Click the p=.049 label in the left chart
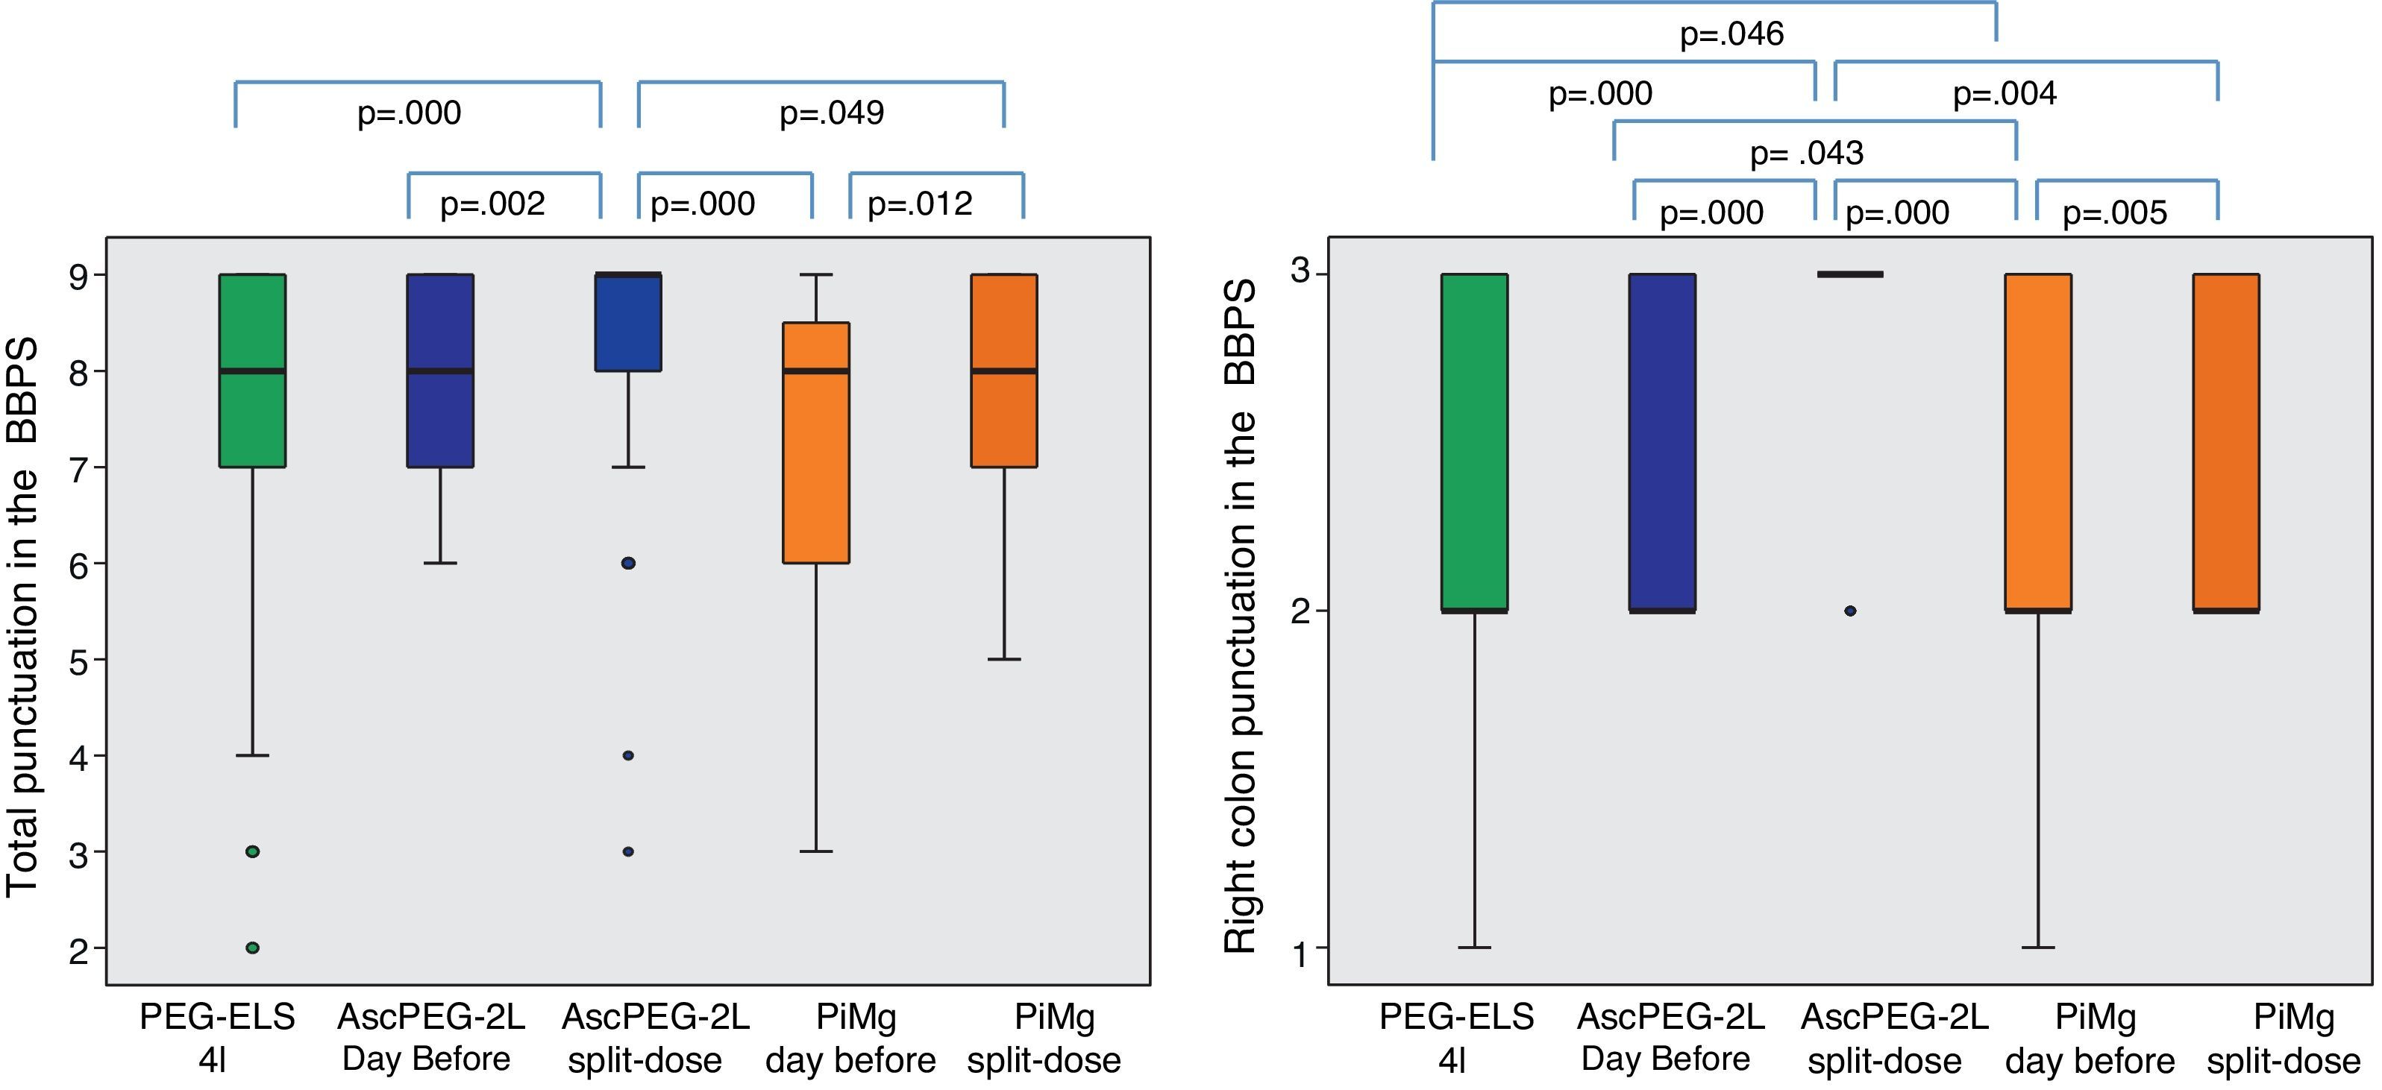coord(831,113)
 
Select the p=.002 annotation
coord(492,204)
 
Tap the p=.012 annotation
coord(919,204)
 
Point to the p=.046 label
coord(1731,35)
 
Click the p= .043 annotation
coord(1806,154)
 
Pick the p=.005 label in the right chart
coord(2115,213)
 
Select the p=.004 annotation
coord(2004,93)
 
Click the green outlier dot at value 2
coord(252,948)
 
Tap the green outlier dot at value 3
coord(252,851)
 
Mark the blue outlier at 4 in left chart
coord(628,755)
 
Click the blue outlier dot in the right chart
coord(1850,611)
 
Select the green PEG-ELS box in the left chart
coord(252,370)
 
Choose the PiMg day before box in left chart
coord(815,442)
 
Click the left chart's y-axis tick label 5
coord(81,661)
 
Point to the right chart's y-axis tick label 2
coord(1301,612)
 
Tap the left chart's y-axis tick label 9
coord(81,277)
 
